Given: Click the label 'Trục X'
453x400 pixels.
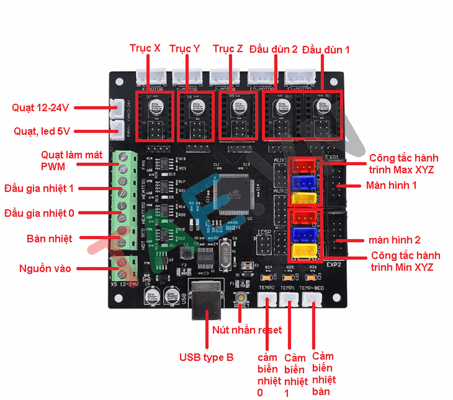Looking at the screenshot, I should (145, 48).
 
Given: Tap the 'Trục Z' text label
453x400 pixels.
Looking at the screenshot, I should (228, 49).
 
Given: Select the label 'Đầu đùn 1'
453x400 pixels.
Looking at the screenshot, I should (326, 50).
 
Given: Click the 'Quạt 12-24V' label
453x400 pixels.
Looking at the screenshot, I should (40, 108).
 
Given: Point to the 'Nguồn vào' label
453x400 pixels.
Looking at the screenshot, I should (45, 269).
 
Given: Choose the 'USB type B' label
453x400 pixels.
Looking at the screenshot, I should (206, 357).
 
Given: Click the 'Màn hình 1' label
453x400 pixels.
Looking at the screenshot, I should (391, 185).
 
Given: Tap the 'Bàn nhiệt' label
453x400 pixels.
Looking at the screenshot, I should (49, 239).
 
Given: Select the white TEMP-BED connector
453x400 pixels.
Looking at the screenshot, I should (312, 300).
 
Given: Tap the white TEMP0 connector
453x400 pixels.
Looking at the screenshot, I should (267, 300).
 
